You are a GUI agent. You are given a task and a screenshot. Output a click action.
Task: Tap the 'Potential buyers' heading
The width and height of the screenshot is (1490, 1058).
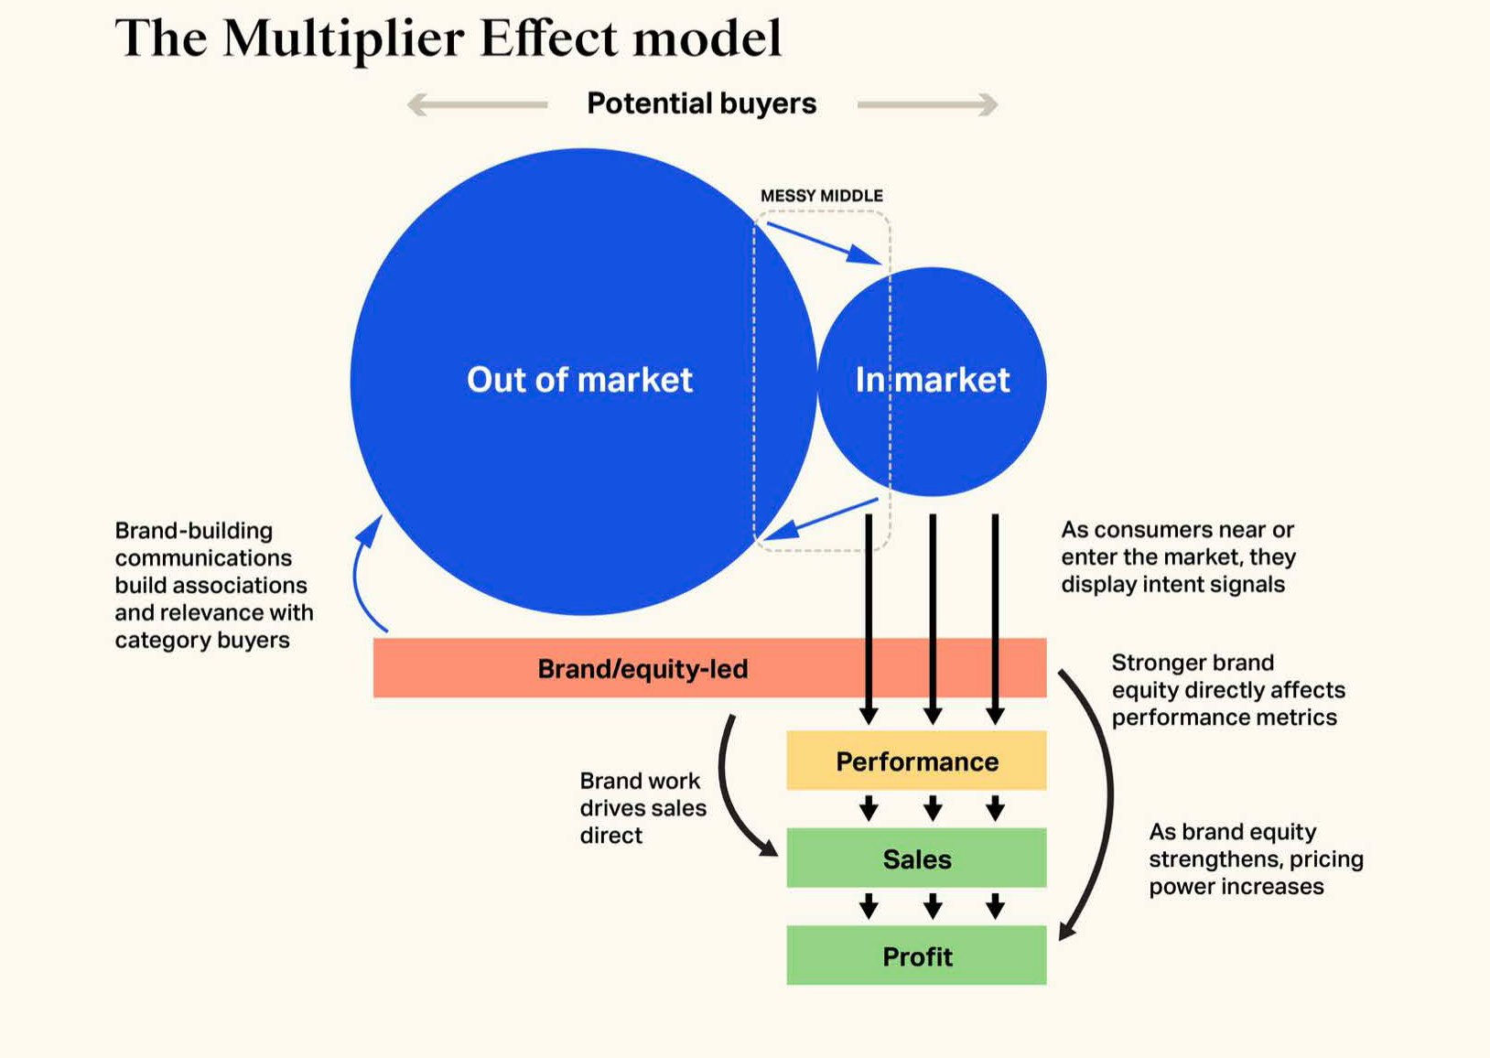tap(701, 103)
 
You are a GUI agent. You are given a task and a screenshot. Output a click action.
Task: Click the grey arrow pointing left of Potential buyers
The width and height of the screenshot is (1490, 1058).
tap(477, 104)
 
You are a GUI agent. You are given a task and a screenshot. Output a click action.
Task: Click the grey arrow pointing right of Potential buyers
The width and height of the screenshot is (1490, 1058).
tap(928, 104)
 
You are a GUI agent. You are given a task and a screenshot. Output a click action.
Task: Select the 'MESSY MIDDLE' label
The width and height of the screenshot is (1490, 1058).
tap(822, 196)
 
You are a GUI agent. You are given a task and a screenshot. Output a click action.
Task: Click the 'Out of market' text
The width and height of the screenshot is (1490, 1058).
tap(579, 380)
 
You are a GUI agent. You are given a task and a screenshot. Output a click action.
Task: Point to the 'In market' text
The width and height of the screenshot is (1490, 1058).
tap(932, 380)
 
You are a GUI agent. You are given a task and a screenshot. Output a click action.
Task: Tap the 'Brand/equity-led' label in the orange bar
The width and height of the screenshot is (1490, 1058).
tap(642, 668)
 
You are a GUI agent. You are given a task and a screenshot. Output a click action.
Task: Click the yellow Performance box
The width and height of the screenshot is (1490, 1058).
tap(916, 760)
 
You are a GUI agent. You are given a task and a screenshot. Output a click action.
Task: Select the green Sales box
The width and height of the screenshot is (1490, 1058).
tap(916, 858)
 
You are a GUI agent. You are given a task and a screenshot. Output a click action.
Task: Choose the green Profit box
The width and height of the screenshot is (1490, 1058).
tap(916, 955)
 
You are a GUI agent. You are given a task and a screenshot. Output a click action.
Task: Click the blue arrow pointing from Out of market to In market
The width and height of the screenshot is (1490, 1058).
tap(824, 243)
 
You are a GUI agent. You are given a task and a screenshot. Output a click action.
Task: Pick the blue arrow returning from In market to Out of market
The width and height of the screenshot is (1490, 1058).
tap(821, 518)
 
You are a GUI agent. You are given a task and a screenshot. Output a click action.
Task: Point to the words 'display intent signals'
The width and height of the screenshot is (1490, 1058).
tap(1172, 585)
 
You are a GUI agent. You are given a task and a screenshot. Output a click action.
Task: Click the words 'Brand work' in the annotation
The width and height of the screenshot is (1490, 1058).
tap(639, 780)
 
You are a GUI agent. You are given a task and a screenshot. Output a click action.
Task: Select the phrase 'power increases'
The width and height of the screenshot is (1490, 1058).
tap(1236, 887)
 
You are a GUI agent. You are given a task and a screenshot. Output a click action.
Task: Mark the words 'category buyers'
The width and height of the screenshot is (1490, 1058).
tap(202, 640)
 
